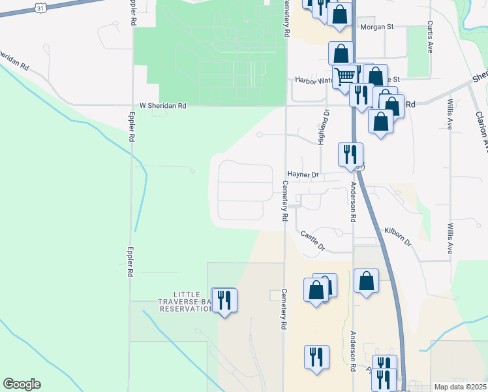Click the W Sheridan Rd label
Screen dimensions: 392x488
[162, 105]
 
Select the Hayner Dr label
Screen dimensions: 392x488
[303, 174]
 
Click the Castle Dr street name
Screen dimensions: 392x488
[313, 240]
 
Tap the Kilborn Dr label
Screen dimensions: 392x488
[398, 237]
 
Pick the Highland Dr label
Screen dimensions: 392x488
[323, 127]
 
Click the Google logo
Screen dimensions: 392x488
[22, 384]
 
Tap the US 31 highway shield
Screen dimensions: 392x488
[40, 7]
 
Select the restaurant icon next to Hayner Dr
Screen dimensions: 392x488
[350, 155]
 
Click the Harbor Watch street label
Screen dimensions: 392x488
[314, 80]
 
